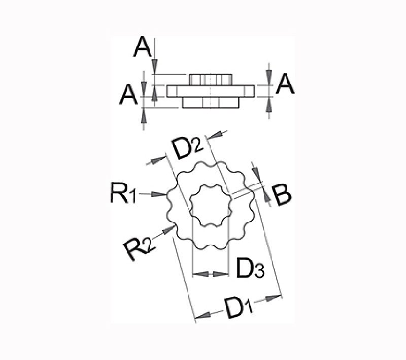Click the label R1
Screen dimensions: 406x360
(123, 193)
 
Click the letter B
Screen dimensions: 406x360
(282, 195)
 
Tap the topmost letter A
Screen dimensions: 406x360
(143, 47)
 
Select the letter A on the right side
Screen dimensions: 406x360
(285, 83)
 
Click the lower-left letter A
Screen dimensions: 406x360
(128, 95)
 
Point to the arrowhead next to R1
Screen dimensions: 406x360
(158, 194)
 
